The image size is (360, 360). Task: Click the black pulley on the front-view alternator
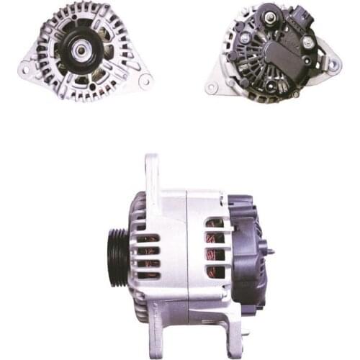coord(81,48)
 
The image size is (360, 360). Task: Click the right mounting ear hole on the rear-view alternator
coord(333,64)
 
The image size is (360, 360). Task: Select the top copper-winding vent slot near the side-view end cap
coord(215,223)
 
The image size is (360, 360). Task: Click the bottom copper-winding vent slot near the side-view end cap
coord(215,271)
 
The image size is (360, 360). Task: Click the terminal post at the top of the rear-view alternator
coord(269,12)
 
